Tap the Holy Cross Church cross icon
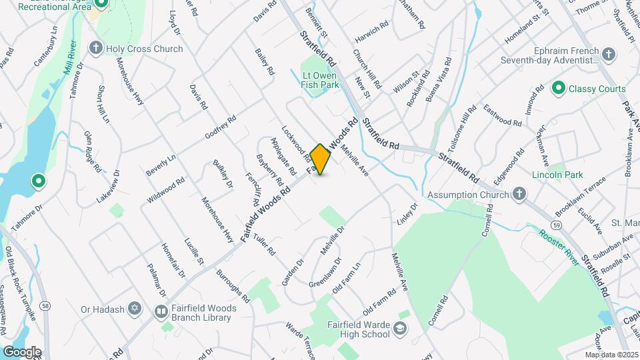click(96, 49)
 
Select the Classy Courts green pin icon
click(559, 89)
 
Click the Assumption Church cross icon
click(520, 194)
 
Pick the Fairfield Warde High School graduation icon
click(399, 328)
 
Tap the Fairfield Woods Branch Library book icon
click(161, 311)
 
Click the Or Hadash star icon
click(135, 309)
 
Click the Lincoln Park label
click(557, 175)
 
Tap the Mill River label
click(71, 57)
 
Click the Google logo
click(22, 351)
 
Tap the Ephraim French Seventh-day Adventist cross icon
click(608, 54)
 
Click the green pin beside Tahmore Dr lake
click(39, 181)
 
